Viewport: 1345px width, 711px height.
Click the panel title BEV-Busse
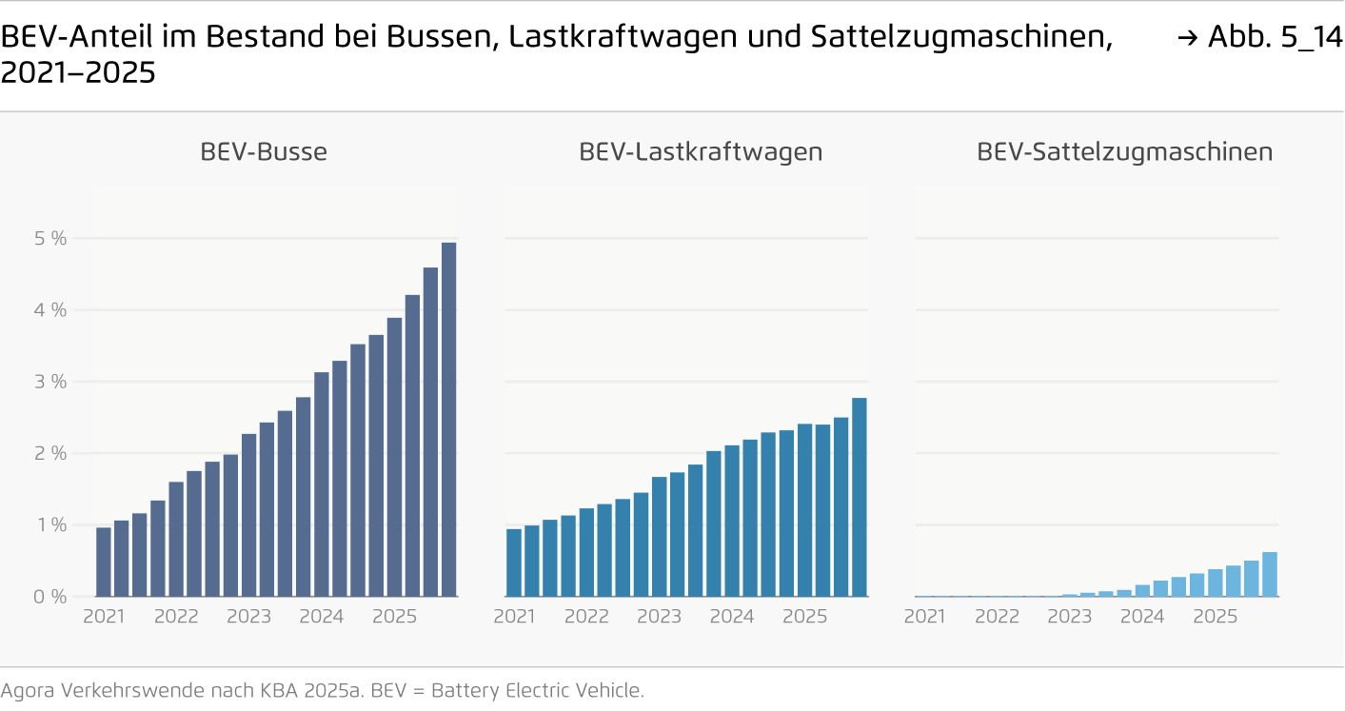click(x=264, y=152)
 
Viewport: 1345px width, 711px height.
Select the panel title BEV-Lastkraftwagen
click(x=701, y=152)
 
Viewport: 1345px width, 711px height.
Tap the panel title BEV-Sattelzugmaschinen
click(x=1124, y=152)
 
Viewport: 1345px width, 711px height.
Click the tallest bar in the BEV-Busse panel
click(x=448, y=419)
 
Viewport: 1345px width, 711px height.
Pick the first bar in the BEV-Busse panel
click(x=104, y=562)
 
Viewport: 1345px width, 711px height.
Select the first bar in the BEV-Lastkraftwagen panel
click(x=514, y=563)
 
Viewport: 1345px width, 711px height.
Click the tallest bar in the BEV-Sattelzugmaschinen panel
click(x=1269, y=575)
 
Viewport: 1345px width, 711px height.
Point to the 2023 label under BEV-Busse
click(x=248, y=617)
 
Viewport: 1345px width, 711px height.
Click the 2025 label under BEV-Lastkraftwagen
click(x=804, y=617)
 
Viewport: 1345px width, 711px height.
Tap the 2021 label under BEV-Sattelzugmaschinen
click(x=924, y=617)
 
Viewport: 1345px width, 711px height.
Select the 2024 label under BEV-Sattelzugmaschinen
click(x=1142, y=617)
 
